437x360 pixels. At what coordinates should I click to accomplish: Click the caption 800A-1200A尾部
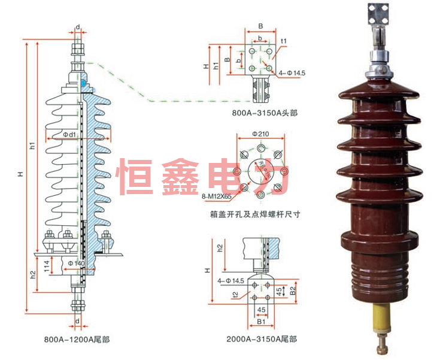click(x=77, y=339)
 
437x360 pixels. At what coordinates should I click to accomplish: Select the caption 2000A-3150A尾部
click(x=262, y=339)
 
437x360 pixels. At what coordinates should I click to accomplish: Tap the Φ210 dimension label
click(x=260, y=132)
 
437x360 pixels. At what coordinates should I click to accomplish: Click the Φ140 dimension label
click(x=75, y=263)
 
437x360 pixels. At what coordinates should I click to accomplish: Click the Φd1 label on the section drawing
click(x=69, y=135)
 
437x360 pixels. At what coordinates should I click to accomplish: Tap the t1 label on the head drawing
click(x=284, y=41)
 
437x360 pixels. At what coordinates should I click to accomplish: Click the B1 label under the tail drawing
click(x=262, y=322)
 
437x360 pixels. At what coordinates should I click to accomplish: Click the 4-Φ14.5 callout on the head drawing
click(x=294, y=73)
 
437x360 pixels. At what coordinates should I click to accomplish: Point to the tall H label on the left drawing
click(x=20, y=174)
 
